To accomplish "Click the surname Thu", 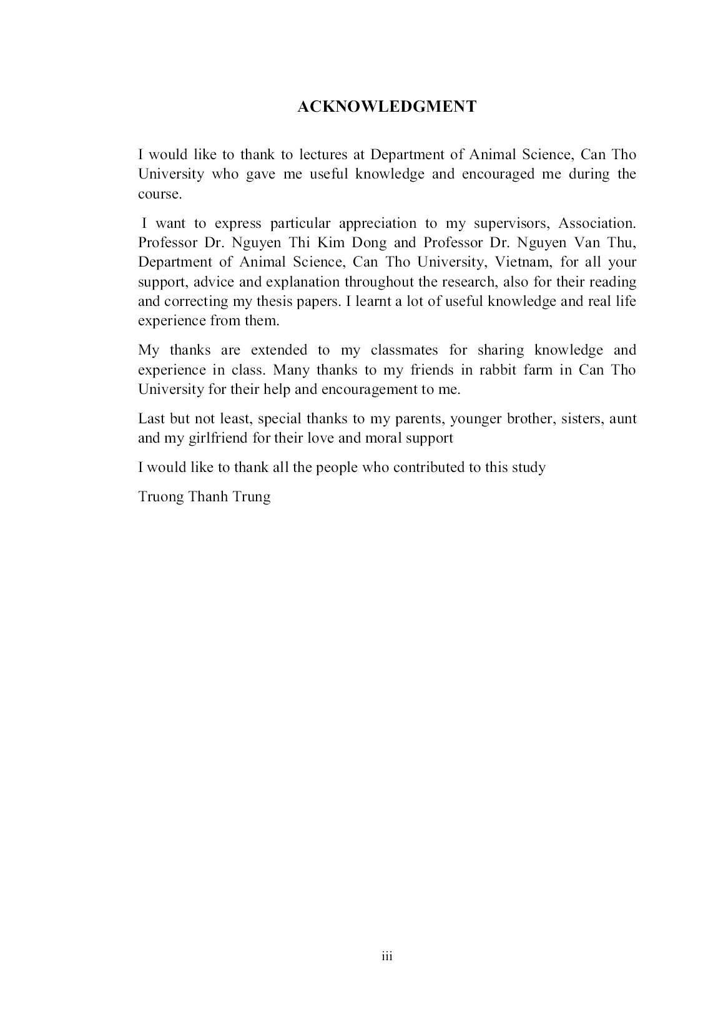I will click(624, 242).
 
